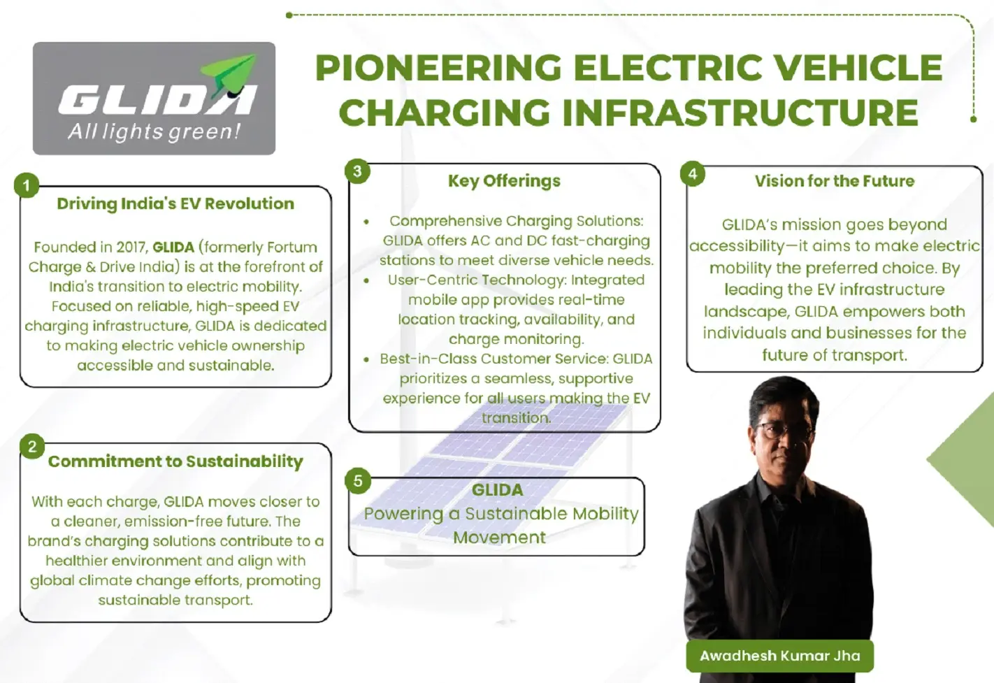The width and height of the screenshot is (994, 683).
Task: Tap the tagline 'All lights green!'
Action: point(154,132)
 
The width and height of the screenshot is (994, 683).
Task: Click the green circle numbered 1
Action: point(27,185)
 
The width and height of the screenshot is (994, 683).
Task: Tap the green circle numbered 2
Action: point(32,446)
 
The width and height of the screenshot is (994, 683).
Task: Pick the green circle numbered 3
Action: point(357,171)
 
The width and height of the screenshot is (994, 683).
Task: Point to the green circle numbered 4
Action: point(693,173)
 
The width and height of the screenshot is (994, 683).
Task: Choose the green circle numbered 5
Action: point(358,481)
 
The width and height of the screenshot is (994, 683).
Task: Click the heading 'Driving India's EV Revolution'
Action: point(175,203)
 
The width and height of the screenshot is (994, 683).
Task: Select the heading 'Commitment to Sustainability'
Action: point(175,461)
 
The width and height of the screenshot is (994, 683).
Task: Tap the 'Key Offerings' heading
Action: point(504,181)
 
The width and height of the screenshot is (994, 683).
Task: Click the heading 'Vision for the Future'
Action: point(835,181)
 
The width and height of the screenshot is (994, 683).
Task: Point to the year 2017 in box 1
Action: point(132,247)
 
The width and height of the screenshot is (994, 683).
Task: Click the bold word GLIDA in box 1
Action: point(173,247)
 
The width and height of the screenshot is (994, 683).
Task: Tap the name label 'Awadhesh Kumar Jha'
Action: point(779,656)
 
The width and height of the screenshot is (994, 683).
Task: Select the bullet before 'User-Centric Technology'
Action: point(366,280)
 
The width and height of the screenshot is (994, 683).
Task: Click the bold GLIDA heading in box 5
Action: point(497,490)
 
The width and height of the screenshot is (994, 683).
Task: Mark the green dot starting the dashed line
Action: point(289,15)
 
